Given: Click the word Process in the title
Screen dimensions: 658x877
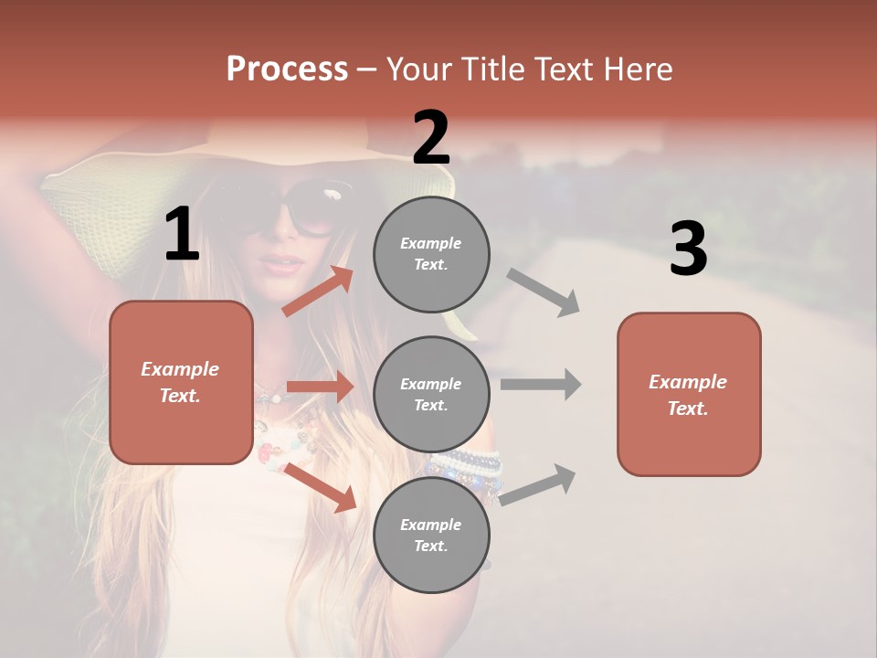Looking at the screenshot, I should pyautogui.click(x=287, y=69).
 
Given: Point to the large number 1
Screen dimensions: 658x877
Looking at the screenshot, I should pyautogui.click(x=182, y=235).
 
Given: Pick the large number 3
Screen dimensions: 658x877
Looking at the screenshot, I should pyautogui.click(x=688, y=249).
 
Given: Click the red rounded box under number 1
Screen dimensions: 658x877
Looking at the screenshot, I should pyautogui.click(x=181, y=382).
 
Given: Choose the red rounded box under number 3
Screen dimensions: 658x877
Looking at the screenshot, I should pyautogui.click(x=689, y=394).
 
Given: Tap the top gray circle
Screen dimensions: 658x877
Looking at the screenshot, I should pyautogui.click(x=431, y=253).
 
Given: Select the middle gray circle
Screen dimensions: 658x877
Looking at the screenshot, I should pyautogui.click(x=431, y=394).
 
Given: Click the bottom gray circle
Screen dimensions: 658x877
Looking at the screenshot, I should pyautogui.click(x=431, y=535).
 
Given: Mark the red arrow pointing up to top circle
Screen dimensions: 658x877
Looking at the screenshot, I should pyautogui.click(x=318, y=292).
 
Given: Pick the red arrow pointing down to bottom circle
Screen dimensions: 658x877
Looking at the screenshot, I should pyautogui.click(x=321, y=486).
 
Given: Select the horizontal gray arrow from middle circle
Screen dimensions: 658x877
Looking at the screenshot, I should pyautogui.click(x=541, y=384).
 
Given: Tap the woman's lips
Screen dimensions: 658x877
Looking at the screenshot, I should pyautogui.click(x=282, y=264).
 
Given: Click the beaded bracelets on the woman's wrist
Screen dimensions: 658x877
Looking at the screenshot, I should pyautogui.click(x=470, y=471).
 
